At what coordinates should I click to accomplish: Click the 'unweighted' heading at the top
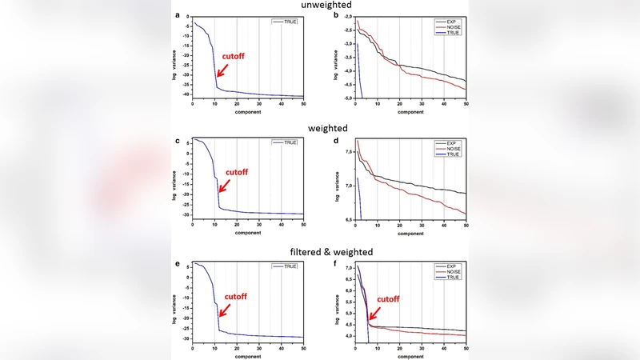(319, 6)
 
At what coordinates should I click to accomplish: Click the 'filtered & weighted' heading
(319, 253)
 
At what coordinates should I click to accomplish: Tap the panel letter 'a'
(177, 15)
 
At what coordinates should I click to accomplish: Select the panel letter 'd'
(337, 140)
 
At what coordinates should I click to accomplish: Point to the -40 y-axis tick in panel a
(185, 94)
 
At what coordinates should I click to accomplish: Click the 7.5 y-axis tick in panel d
(347, 150)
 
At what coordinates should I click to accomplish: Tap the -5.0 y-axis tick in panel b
(346, 98)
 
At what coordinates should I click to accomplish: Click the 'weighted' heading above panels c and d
(319, 128)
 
